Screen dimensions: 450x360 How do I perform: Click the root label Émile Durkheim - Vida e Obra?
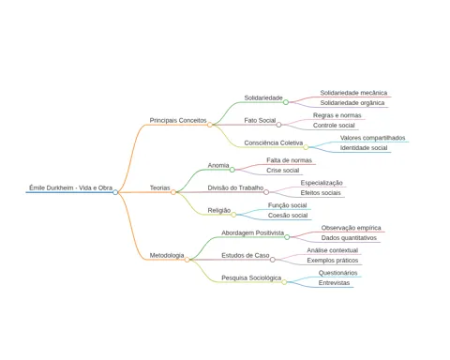click(x=71, y=187)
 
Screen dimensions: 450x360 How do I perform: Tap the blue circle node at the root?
click(x=115, y=192)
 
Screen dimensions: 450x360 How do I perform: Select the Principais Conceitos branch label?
click(x=178, y=120)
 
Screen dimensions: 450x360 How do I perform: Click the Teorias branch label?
click(x=159, y=187)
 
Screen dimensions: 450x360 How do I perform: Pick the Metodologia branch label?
click(x=167, y=255)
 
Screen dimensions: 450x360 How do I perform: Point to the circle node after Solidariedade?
click(x=286, y=102)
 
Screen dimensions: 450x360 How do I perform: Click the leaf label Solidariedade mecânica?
click(x=353, y=93)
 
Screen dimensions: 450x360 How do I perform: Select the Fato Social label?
click(x=260, y=120)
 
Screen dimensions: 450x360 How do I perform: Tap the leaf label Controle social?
click(x=334, y=126)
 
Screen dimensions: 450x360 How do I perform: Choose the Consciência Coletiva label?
click(x=274, y=142)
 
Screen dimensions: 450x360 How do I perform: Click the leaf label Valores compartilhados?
click(x=372, y=138)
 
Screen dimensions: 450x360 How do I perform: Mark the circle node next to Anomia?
click(x=232, y=170)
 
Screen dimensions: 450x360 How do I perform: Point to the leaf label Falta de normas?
click(x=289, y=160)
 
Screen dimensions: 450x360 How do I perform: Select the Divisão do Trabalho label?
click(x=235, y=187)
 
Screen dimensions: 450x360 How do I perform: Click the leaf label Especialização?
click(x=322, y=183)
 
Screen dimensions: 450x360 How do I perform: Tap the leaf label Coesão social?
click(x=288, y=216)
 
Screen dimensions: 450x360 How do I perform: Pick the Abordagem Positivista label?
click(x=253, y=232)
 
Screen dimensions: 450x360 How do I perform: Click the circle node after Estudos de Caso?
click(x=273, y=260)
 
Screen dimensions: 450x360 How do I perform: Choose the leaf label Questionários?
click(x=337, y=273)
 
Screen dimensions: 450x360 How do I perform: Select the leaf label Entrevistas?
click(x=334, y=283)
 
